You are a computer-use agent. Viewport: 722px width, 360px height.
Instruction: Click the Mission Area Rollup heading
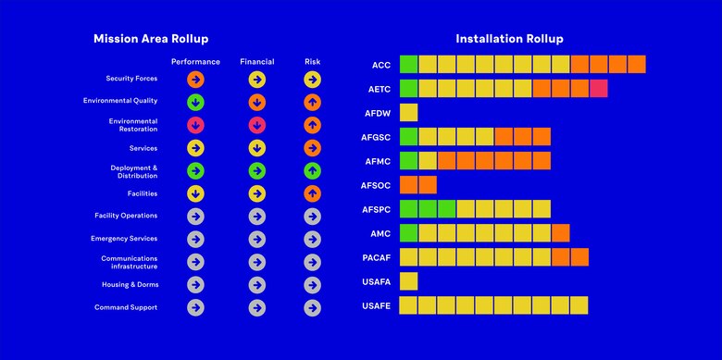151,39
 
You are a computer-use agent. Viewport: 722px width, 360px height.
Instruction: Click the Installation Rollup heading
509,39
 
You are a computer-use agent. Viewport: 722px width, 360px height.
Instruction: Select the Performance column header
195,62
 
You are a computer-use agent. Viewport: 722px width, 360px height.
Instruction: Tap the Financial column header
256,62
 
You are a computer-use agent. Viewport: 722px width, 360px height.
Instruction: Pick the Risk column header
312,62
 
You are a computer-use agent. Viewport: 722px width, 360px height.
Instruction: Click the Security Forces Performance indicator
195,80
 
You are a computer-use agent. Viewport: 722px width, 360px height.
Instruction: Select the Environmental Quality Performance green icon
195,102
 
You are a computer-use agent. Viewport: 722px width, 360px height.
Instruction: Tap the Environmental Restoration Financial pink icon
256,125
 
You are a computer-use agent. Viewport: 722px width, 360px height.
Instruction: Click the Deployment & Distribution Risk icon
312,170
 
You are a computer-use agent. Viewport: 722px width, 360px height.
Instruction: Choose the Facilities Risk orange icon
312,193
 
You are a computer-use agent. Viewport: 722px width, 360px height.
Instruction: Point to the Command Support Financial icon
256,307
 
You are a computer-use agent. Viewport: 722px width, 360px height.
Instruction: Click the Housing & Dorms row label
126,284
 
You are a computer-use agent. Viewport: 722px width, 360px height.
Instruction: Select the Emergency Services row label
124,239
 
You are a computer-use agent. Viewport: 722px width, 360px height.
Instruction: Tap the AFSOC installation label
377,185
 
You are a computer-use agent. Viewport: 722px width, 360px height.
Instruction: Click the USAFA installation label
377,281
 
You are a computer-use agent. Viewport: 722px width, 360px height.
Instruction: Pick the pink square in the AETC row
598,89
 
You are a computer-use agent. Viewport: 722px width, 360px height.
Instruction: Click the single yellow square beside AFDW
408,113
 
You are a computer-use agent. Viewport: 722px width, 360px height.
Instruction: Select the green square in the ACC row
408,65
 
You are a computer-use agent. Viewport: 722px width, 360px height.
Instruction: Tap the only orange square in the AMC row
560,233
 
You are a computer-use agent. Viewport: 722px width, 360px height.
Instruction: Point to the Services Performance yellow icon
195,148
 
